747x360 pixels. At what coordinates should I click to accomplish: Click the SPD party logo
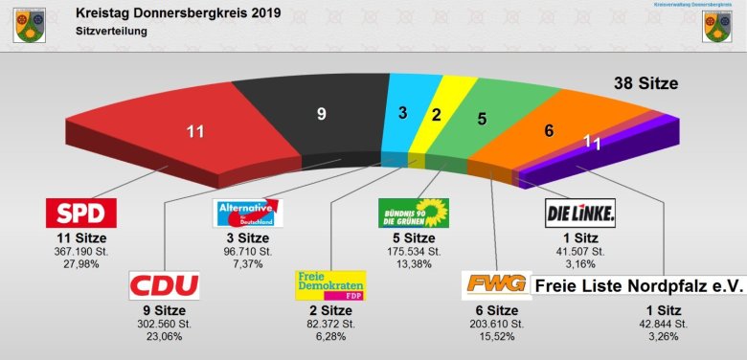tap(81, 213)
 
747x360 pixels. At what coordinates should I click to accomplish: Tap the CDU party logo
tap(164, 285)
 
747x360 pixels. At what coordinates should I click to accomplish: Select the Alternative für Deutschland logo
tap(247, 212)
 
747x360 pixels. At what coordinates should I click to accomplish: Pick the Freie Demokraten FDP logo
tap(329, 285)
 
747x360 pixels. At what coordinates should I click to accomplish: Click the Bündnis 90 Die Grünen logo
tap(414, 212)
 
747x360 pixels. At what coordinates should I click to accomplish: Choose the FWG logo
tap(496, 284)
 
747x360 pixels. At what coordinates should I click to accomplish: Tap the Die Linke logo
tap(580, 212)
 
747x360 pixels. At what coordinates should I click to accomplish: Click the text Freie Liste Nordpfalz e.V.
tap(639, 284)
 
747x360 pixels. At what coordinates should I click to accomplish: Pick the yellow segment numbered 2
tap(438, 116)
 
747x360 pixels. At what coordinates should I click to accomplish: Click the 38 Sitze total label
tap(645, 84)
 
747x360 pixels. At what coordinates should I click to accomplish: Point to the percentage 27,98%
tap(81, 263)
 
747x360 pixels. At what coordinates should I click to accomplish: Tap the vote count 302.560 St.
tap(165, 324)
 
